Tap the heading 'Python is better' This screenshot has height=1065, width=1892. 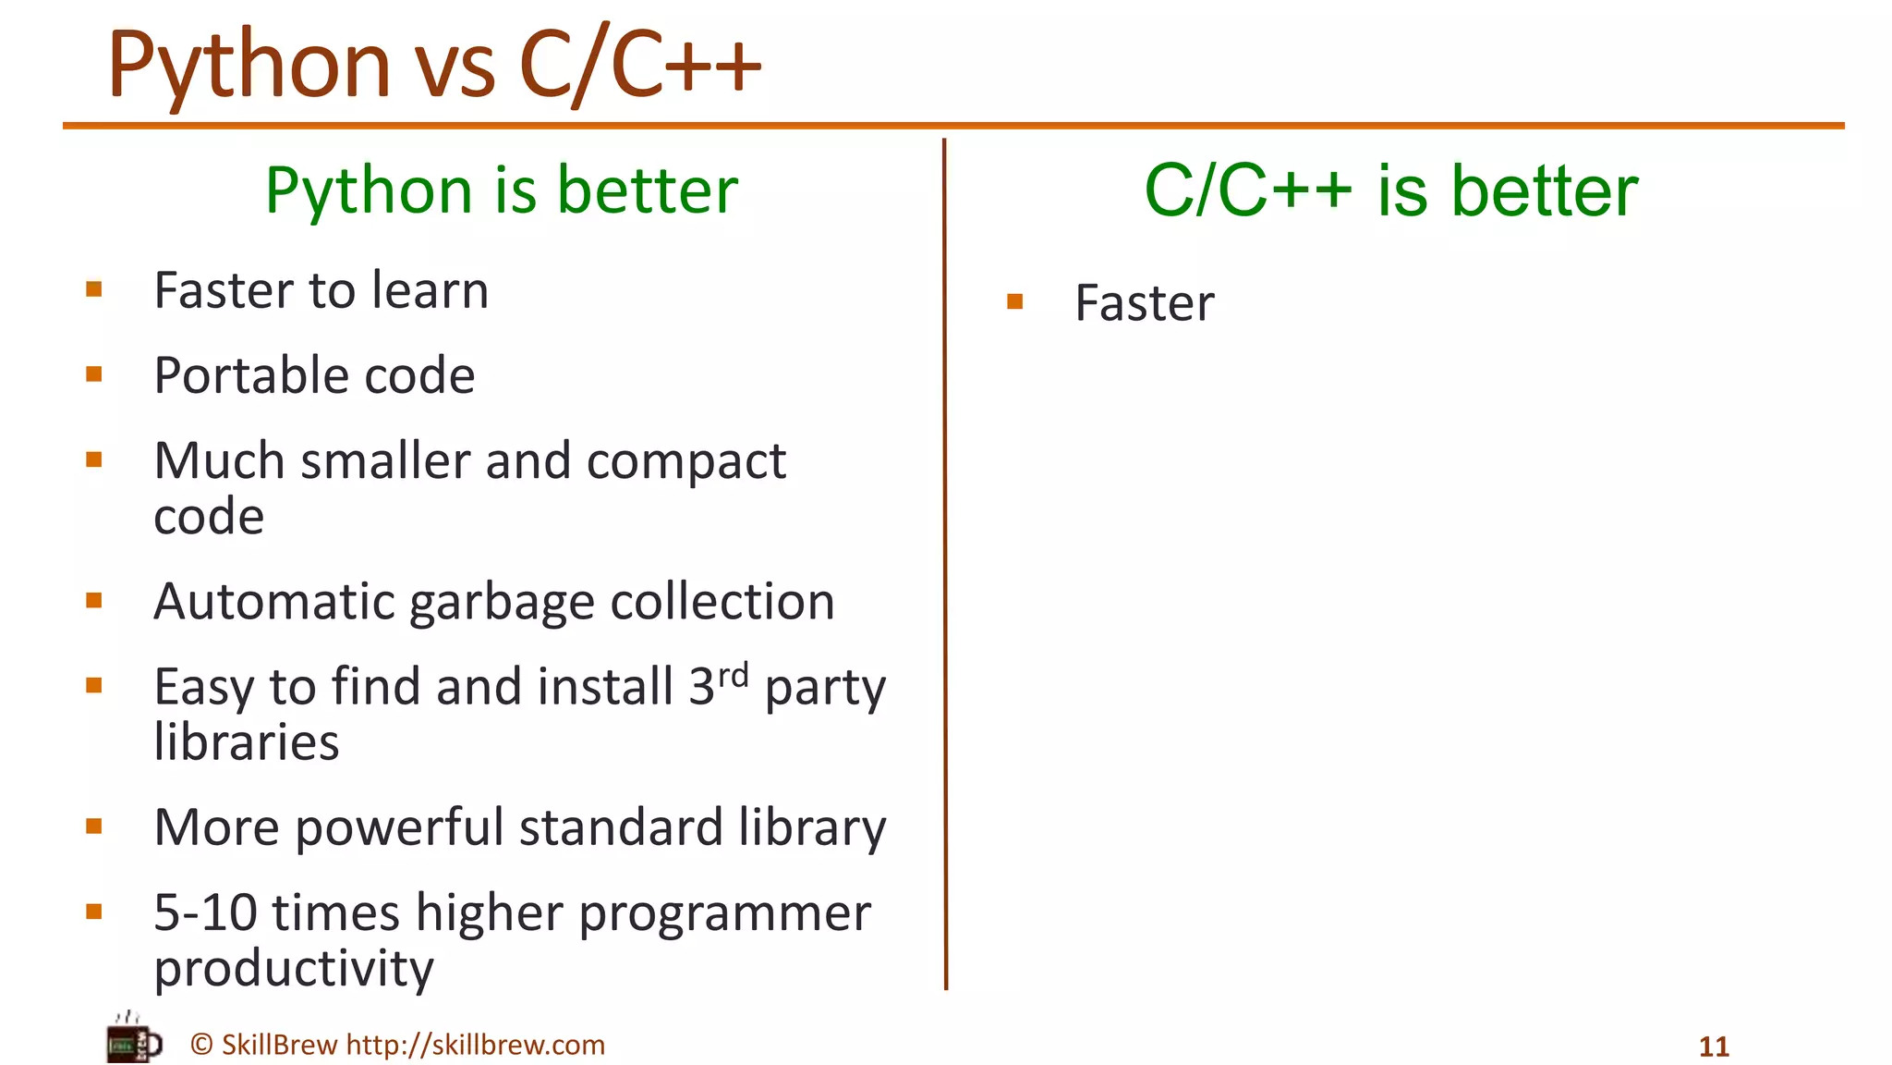pyautogui.click(x=502, y=190)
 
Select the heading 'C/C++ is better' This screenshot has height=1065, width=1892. pyautogui.click(x=1390, y=190)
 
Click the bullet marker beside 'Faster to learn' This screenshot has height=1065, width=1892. pyautogui.click(x=93, y=289)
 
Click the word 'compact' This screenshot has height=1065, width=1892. pyautogui.click(x=685, y=461)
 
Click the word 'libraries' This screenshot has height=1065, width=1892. pyautogui.click(x=247, y=741)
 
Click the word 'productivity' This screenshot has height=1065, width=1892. pyautogui.click(x=294, y=969)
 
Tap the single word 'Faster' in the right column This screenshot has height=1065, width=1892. pyautogui.click(x=1144, y=303)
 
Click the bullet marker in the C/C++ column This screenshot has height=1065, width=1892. pyautogui.click(x=1014, y=301)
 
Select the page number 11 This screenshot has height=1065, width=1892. pyautogui.click(x=1714, y=1047)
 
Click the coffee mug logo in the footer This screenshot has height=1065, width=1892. pyautogui.click(x=133, y=1040)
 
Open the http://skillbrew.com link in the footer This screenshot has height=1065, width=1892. pyautogui.click(x=475, y=1045)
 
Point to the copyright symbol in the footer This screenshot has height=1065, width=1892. pyautogui.click(x=201, y=1045)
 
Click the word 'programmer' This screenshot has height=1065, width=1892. pyautogui.click(x=724, y=914)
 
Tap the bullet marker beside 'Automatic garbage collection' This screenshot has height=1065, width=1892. pyautogui.click(x=93, y=601)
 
